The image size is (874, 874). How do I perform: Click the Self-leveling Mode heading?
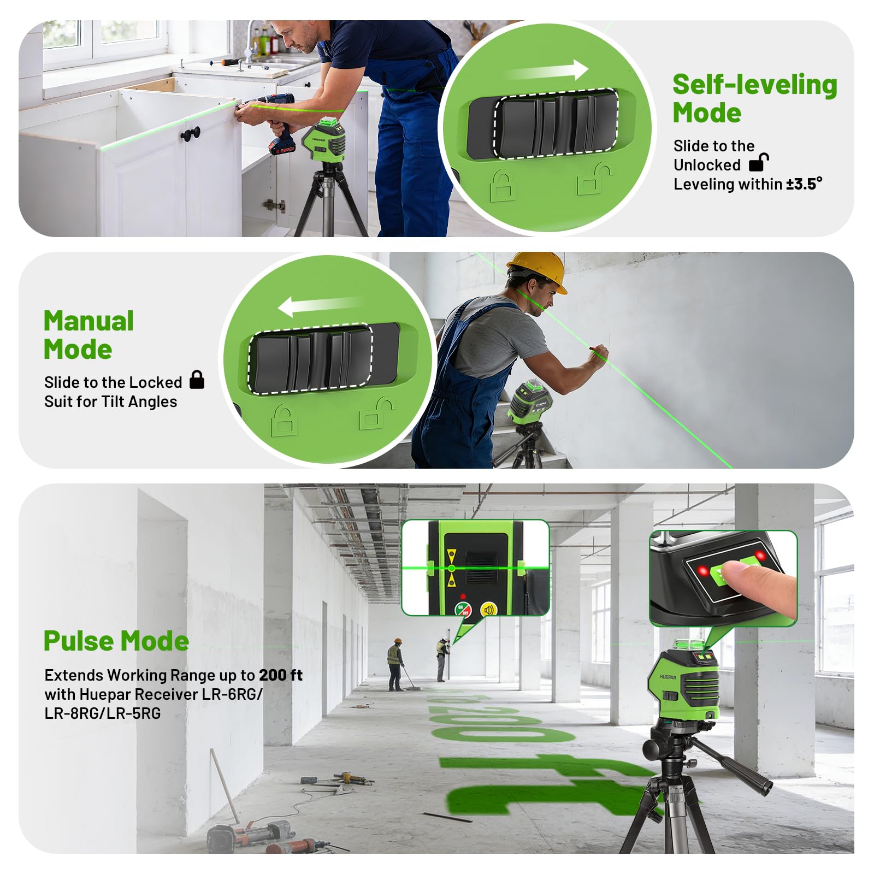point(754,99)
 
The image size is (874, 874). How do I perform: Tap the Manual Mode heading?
point(88,335)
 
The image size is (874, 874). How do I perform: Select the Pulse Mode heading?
point(116,641)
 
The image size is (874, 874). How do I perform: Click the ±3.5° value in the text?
point(804,184)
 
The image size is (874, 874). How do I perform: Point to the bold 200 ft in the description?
point(281,675)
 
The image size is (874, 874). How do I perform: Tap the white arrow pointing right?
point(549,72)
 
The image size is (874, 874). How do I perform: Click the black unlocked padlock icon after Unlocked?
point(759,162)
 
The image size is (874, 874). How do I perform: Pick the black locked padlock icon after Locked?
point(197,380)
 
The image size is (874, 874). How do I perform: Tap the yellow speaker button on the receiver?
point(488,609)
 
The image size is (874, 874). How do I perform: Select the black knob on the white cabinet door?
point(191,133)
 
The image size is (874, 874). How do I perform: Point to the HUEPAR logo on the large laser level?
point(668,677)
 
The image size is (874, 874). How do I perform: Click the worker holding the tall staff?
point(442,658)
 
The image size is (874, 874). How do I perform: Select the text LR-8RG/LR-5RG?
point(103,713)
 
